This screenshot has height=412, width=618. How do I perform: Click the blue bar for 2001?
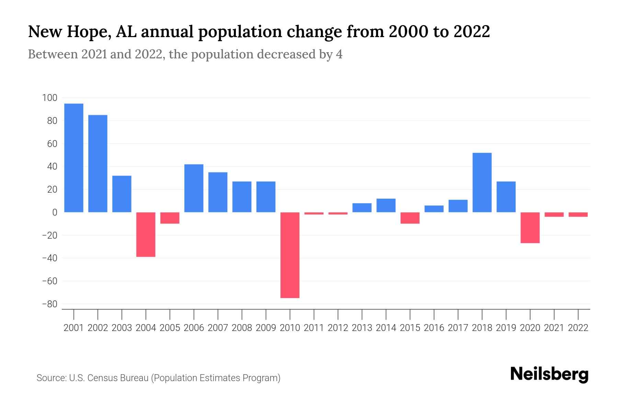tap(74, 158)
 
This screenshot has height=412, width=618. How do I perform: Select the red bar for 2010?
tap(290, 255)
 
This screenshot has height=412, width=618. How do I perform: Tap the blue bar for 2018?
tap(482, 182)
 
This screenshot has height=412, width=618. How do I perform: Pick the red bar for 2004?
tap(146, 234)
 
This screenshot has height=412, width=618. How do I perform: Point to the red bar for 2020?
tap(530, 227)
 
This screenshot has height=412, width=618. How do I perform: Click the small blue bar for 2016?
tap(434, 209)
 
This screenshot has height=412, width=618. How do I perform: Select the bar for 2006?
tap(194, 188)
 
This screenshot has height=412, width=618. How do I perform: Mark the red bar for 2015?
tap(410, 218)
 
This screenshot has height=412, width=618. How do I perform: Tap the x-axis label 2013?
tap(362, 328)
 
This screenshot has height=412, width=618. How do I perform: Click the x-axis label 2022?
tap(578, 328)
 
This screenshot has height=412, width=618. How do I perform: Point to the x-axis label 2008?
tap(242, 328)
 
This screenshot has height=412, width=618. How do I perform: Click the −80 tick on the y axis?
tap(49, 304)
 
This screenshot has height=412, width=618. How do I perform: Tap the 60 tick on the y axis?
tap(52, 144)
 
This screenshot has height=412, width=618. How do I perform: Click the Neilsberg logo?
tap(549, 374)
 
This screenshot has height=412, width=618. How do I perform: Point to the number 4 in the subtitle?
tap(339, 54)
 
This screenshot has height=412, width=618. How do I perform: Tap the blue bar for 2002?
tap(98, 163)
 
